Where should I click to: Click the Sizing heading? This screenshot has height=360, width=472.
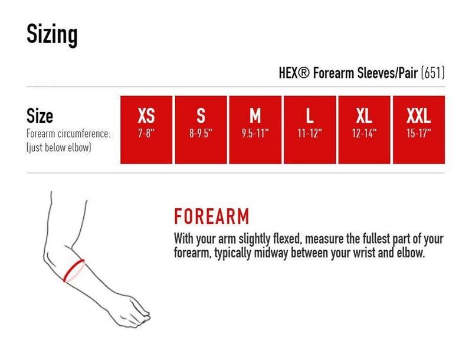tap(52, 35)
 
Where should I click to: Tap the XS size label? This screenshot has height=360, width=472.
tap(146, 116)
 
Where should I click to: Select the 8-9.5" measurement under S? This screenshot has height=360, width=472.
tap(201, 133)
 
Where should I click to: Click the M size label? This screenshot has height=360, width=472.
tap(255, 116)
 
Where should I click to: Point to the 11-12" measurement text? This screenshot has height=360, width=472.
tap(310, 133)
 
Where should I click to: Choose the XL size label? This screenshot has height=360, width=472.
tap(364, 116)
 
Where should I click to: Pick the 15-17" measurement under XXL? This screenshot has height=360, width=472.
tap(419, 133)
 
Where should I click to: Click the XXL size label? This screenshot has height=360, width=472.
tap(419, 116)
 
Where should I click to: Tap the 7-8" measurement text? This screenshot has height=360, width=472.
tap(146, 133)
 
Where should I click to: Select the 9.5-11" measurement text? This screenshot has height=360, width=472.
tap(255, 133)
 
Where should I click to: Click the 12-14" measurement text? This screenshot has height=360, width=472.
tap(364, 133)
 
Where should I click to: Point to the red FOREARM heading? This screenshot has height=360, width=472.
tap(212, 217)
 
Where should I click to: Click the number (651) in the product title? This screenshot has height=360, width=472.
tap(433, 73)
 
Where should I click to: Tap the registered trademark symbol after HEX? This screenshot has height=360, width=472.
tap(303, 73)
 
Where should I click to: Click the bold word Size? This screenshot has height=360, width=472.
tap(40, 116)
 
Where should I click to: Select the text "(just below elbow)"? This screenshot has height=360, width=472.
tap(58, 148)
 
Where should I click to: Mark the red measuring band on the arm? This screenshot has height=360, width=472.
tap(74, 270)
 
